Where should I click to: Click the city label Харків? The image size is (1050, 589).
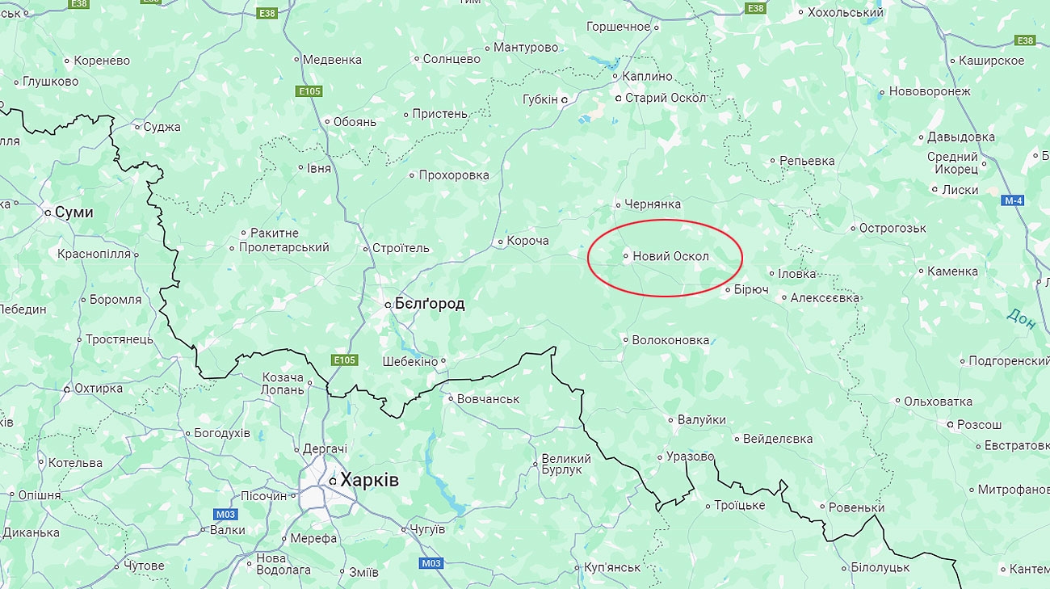[x=369, y=480]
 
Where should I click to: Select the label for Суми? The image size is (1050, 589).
[x=73, y=212]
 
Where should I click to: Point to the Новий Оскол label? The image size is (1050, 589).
[x=670, y=256]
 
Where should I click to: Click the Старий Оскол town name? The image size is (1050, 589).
[x=666, y=98]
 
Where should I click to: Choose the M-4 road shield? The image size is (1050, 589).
[x=1014, y=200]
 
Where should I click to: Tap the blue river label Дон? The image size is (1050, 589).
[x=1022, y=318]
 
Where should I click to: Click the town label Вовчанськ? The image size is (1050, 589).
[x=488, y=399]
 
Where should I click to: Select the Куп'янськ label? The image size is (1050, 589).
[x=611, y=567]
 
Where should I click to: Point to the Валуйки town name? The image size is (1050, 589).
[x=701, y=419]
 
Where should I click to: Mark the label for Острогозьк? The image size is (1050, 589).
[x=892, y=228]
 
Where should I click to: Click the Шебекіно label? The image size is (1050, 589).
[x=409, y=361]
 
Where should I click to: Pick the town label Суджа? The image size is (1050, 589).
[x=162, y=127]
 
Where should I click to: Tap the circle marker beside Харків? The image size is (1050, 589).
[x=332, y=482]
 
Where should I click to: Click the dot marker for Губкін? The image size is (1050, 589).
[x=565, y=99]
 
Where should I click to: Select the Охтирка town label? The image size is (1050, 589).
[x=98, y=389]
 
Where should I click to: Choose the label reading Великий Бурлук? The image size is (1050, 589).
[x=565, y=464]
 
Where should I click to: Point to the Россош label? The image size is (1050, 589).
[x=979, y=424]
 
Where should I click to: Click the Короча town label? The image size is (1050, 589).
[x=527, y=241]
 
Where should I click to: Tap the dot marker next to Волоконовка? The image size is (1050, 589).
[x=625, y=340]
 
